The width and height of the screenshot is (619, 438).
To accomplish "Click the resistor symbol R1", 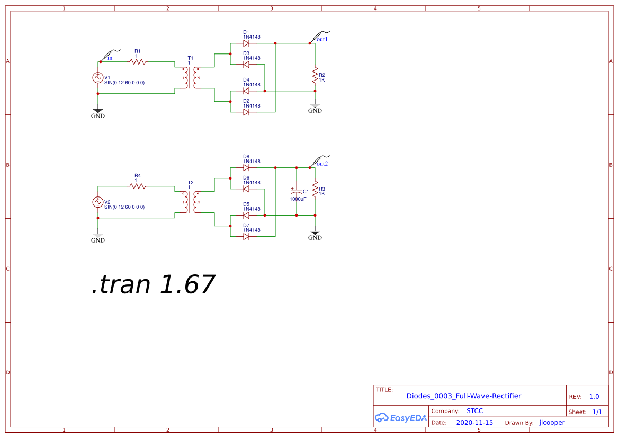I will (x=138, y=62).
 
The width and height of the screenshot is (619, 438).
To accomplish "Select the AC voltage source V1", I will (x=98, y=77).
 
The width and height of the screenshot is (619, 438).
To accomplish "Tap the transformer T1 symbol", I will (x=191, y=78).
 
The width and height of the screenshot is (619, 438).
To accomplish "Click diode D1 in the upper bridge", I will (x=246, y=43).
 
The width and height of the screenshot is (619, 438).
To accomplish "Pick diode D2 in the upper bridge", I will (x=246, y=112).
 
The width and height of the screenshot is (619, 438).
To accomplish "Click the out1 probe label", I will (x=322, y=40).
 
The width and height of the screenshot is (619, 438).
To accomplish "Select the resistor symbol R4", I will (x=138, y=186).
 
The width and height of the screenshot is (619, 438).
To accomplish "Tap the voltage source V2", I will (x=98, y=202).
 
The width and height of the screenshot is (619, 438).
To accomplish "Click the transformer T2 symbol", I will (x=191, y=202).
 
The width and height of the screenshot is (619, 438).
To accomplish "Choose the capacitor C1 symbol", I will (x=297, y=191).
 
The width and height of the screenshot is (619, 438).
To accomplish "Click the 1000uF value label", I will (x=298, y=199).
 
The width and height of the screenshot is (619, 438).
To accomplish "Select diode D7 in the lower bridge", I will (x=246, y=236).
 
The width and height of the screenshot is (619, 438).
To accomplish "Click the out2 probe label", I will (x=322, y=164).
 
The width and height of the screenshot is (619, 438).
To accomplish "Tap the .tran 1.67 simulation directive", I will (x=152, y=284).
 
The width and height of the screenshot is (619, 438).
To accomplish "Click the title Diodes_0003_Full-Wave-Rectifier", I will (x=463, y=396).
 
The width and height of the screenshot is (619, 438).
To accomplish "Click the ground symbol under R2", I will (x=315, y=106).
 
